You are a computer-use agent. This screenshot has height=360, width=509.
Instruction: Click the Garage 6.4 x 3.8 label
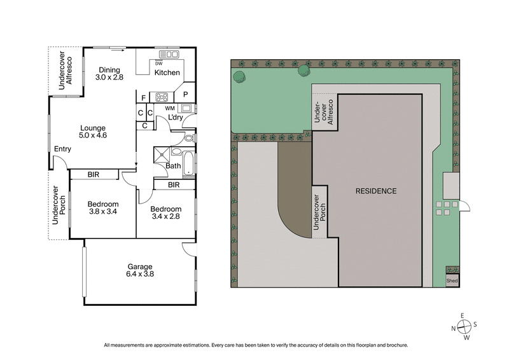(x=139, y=270)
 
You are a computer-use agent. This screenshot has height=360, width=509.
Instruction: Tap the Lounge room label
(x=92, y=132)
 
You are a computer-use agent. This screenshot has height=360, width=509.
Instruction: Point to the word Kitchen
(x=167, y=73)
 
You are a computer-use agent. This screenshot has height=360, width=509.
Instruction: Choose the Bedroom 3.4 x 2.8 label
(x=165, y=213)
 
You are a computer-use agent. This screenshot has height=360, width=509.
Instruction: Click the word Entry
(x=62, y=149)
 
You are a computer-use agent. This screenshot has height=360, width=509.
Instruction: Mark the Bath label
(x=173, y=166)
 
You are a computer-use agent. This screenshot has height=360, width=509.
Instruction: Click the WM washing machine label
(x=169, y=108)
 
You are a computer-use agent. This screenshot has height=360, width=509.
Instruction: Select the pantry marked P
(x=185, y=95)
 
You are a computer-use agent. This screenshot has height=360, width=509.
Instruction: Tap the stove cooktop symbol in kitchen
(x=162, y=97)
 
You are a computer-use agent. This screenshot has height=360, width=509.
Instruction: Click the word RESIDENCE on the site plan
(x=375, y=191)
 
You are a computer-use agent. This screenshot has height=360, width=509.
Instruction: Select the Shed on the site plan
(x=452, y=280)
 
